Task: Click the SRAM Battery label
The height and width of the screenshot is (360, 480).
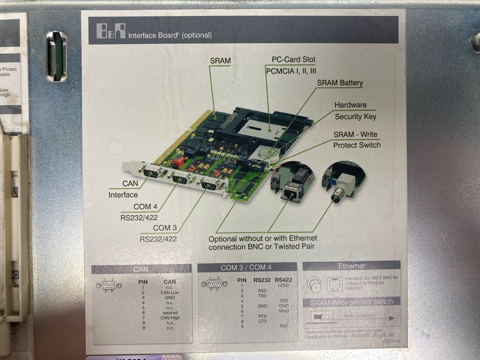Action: tap(340, 83)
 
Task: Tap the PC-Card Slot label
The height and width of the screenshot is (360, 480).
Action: tap(293, 59)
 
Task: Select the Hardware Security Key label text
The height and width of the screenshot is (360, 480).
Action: tap(354, 111)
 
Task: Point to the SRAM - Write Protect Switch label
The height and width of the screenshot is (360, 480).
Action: tap(356, 139)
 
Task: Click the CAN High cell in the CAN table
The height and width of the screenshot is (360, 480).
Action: tap(170, 318)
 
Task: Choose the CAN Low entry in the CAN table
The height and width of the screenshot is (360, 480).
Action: tap(170, 292)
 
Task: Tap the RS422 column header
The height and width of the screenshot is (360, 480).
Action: tap(283, 280)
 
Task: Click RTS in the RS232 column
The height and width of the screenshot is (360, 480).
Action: tap(262, 316)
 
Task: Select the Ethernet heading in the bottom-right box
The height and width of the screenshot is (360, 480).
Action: tap(352, 266)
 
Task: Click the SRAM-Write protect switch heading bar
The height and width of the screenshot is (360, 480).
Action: tap(351, 302)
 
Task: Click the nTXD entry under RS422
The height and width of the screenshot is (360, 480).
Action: tap(283, 285)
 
